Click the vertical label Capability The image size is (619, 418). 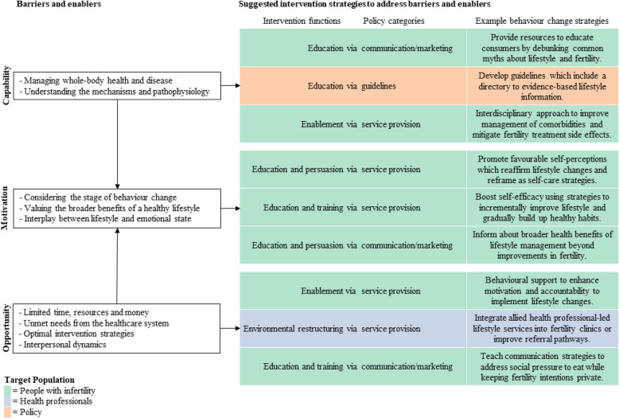7,83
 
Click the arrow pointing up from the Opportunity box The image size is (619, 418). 117,263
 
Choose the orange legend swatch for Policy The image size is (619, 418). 5,412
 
